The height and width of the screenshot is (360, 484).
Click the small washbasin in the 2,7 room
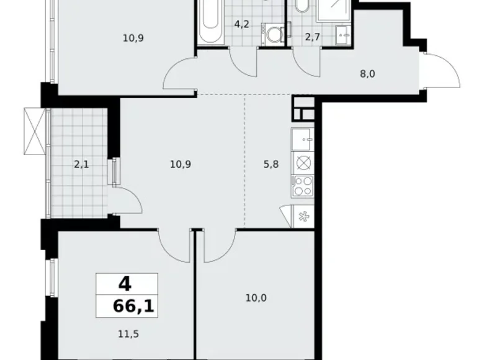click(x=343, y=34)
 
